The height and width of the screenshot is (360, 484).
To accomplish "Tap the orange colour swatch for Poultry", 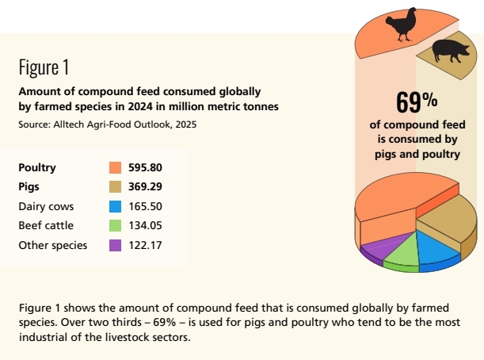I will [115, 168].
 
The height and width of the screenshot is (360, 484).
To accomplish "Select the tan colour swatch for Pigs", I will [115, 187].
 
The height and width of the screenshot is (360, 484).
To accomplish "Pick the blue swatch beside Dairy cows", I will [115, 206].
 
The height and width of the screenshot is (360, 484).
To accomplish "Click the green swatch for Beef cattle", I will [115, 226].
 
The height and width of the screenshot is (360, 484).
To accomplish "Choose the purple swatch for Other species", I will [115, 245].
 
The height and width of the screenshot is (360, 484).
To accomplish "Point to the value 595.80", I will [145, 168].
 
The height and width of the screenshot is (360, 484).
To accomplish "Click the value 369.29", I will [145, 187].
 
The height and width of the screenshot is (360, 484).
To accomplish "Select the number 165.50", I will [145, 206].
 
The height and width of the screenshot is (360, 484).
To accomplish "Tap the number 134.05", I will [145, 226].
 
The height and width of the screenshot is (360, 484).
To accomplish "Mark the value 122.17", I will [145, 245].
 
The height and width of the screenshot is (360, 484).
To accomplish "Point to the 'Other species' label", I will [52, 245].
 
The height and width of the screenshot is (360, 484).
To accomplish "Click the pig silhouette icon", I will [450, 53].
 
